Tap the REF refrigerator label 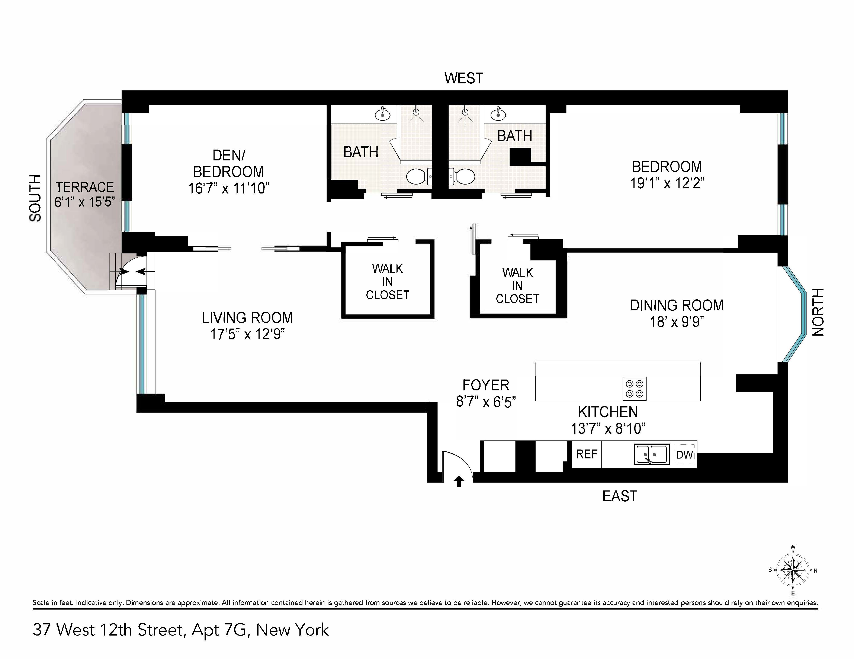click(x=586, y=454)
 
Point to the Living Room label click(x=247, y=318)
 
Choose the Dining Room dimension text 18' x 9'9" click(x=677, y=322)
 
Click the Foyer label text click(x=486, y=385)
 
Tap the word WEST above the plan click(x=464, y=78)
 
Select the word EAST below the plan click(x=619, y=496)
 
